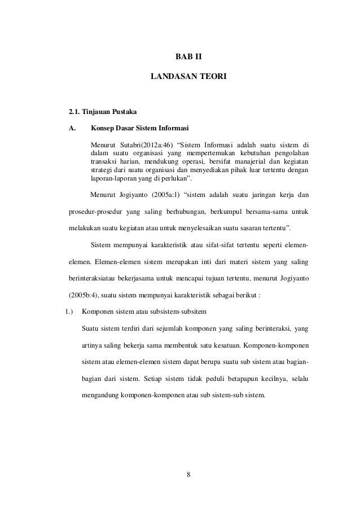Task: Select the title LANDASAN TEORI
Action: [189, 74]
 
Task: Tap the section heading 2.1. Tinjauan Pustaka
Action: [98, 112]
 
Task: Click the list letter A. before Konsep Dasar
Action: [72, 128]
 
